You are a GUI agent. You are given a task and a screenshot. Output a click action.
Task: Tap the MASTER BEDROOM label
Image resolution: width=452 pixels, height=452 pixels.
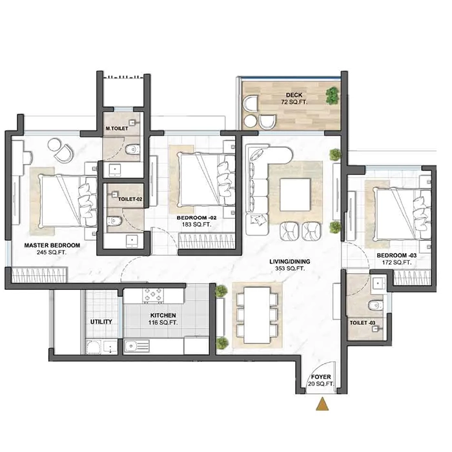[x=52, y=249]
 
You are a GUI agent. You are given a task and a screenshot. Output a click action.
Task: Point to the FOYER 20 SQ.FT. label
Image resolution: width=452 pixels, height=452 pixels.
[x=320, y=379]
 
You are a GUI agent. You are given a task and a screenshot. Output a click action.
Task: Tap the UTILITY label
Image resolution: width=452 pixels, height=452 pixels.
[x=101, y=322]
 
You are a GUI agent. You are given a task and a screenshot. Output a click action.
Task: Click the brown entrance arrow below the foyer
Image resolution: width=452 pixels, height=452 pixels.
[x=321, y=405]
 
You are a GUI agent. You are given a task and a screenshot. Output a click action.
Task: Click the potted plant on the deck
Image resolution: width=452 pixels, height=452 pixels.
[x=332, y=96]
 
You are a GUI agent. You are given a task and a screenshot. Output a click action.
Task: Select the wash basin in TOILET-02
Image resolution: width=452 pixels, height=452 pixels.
[x=132, y=241]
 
